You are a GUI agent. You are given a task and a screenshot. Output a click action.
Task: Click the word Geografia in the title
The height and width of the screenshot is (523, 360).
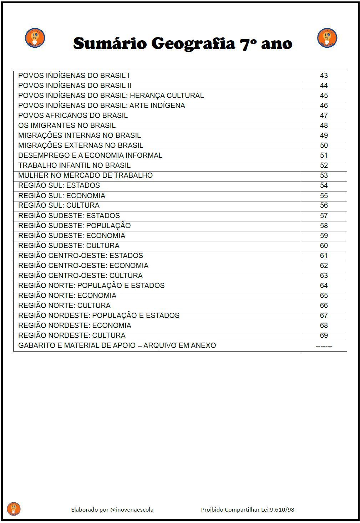pos(193,44)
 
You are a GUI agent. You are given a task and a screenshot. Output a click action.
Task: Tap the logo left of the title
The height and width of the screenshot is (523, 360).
pos(35,38)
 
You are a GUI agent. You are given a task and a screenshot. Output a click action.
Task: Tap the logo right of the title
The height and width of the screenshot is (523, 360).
pos(327,38)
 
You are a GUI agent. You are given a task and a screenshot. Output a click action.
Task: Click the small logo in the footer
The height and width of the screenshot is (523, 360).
pos(14,509)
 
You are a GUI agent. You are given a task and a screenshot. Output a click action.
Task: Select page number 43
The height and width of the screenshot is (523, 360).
pos(324,76)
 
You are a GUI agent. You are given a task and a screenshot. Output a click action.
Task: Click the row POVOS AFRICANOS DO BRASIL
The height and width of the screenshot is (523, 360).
pos(73,116)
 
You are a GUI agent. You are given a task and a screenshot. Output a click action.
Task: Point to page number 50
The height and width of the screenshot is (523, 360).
pos(324,145)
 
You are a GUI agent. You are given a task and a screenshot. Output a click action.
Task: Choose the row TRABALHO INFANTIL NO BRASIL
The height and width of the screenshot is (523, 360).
pos(74,165)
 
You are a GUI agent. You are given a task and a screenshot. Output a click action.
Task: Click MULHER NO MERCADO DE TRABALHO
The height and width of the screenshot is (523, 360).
pos(85,175)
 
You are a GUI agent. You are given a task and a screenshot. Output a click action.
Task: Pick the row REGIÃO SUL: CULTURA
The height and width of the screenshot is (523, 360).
pos(59,205)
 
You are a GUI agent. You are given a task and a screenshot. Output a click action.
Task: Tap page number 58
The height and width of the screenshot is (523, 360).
pos(324,226)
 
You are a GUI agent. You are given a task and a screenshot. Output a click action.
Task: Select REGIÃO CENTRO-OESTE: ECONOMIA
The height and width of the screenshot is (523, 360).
pos(83,266)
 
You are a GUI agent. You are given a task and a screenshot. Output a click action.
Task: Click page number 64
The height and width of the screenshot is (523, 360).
pos(324,286)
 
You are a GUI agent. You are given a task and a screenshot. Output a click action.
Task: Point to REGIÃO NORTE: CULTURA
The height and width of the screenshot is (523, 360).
pos(64,306)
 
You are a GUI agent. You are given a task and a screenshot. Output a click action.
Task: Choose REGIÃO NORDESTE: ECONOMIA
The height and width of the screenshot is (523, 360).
pos(75,325)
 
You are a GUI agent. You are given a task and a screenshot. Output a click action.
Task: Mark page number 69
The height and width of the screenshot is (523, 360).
pos(324,335)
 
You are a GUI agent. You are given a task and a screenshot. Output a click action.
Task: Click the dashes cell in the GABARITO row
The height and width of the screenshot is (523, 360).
pos(324,345)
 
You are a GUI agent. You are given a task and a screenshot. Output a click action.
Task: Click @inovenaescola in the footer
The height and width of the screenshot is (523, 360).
pos(132,509)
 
